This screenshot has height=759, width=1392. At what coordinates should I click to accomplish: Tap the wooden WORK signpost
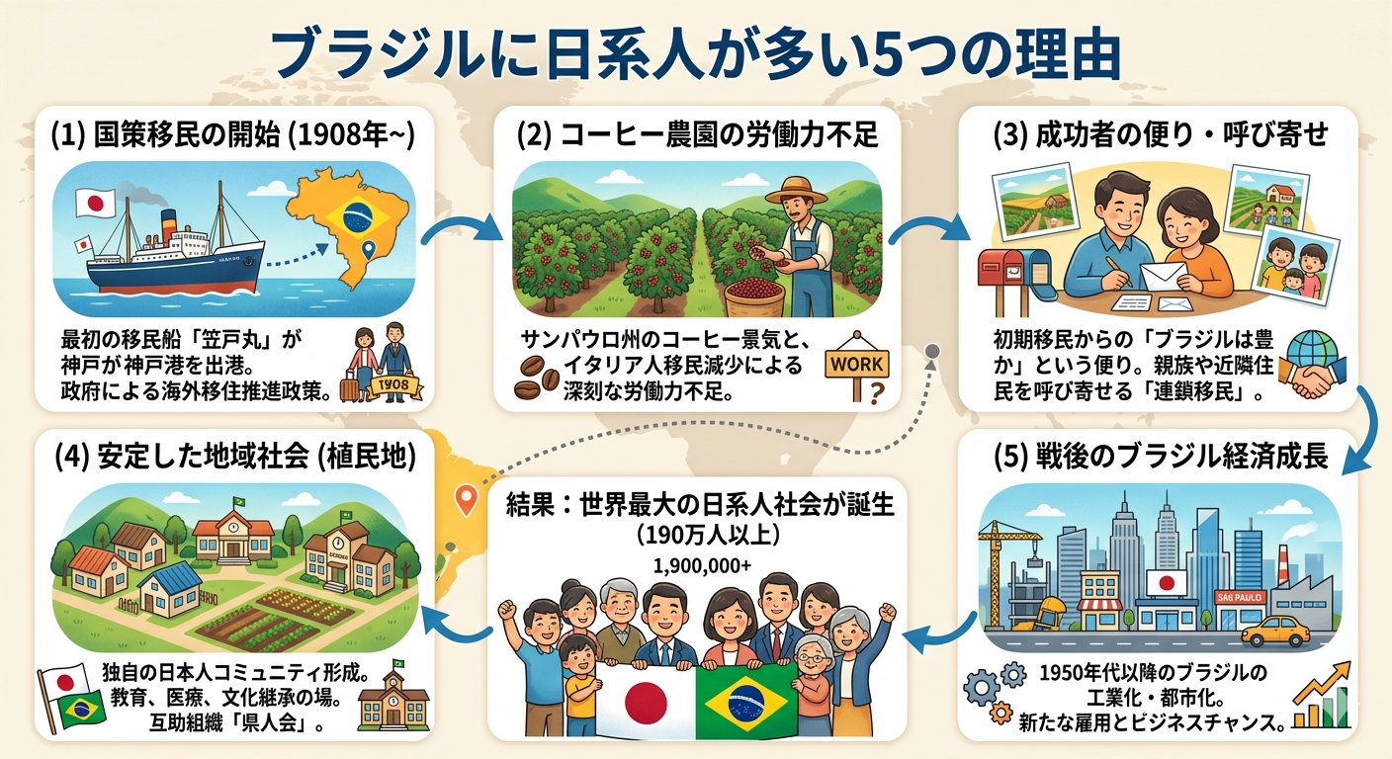[x=856, y=366]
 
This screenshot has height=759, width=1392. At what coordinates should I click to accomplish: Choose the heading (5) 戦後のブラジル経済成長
[x=1160, y=460]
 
